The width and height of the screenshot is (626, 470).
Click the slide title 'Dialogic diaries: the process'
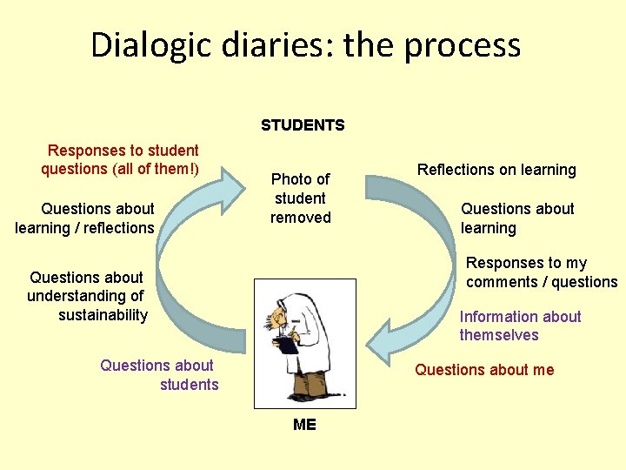point(306,45)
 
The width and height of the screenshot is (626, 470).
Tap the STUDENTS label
point(303,125)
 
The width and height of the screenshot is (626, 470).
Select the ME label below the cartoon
point(304,425)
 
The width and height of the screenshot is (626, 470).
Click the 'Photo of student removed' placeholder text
point(301,198)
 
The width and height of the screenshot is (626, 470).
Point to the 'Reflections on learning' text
point(496,170)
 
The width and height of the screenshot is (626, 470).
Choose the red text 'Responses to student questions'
point(121,159)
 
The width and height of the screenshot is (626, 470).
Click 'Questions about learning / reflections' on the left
point(85,218)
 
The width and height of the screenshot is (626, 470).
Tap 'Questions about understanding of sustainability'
point(87,296)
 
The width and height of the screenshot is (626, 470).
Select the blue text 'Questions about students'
point(159,375)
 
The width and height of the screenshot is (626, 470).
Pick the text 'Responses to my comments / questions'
point(541,272)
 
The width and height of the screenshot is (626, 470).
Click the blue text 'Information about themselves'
point(520,326)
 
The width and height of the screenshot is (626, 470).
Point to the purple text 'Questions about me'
point(484,370)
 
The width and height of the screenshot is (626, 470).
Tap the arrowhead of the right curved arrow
point(382,340)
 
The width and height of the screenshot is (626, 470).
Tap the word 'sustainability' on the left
point(103,315)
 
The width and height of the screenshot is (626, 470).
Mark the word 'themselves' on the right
point(499,335)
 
